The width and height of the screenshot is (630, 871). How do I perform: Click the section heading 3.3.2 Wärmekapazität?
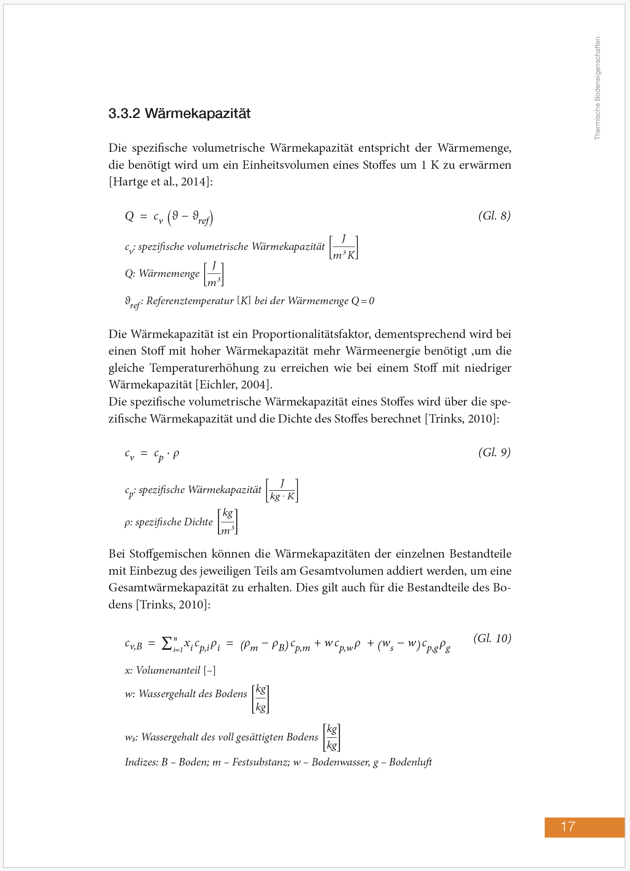(179, 114)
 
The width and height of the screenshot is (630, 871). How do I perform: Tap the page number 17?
(567, 826)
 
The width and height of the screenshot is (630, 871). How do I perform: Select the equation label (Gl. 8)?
(494, 216)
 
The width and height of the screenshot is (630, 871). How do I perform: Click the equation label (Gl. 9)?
(494, 453)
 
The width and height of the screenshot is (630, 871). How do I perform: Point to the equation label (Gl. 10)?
(492, 638)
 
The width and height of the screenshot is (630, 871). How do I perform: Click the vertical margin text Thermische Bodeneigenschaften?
(597, 88)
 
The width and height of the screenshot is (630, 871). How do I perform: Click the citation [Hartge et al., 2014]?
(160, 182)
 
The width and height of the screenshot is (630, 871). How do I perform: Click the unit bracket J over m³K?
(344, 247)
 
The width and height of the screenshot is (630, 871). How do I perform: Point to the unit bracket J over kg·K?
(282, 491)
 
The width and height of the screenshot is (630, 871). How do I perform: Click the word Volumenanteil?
(168, 670)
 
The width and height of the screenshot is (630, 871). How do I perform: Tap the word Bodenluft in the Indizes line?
(410, 763)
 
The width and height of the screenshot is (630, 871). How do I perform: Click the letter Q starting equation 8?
(129, 216)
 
